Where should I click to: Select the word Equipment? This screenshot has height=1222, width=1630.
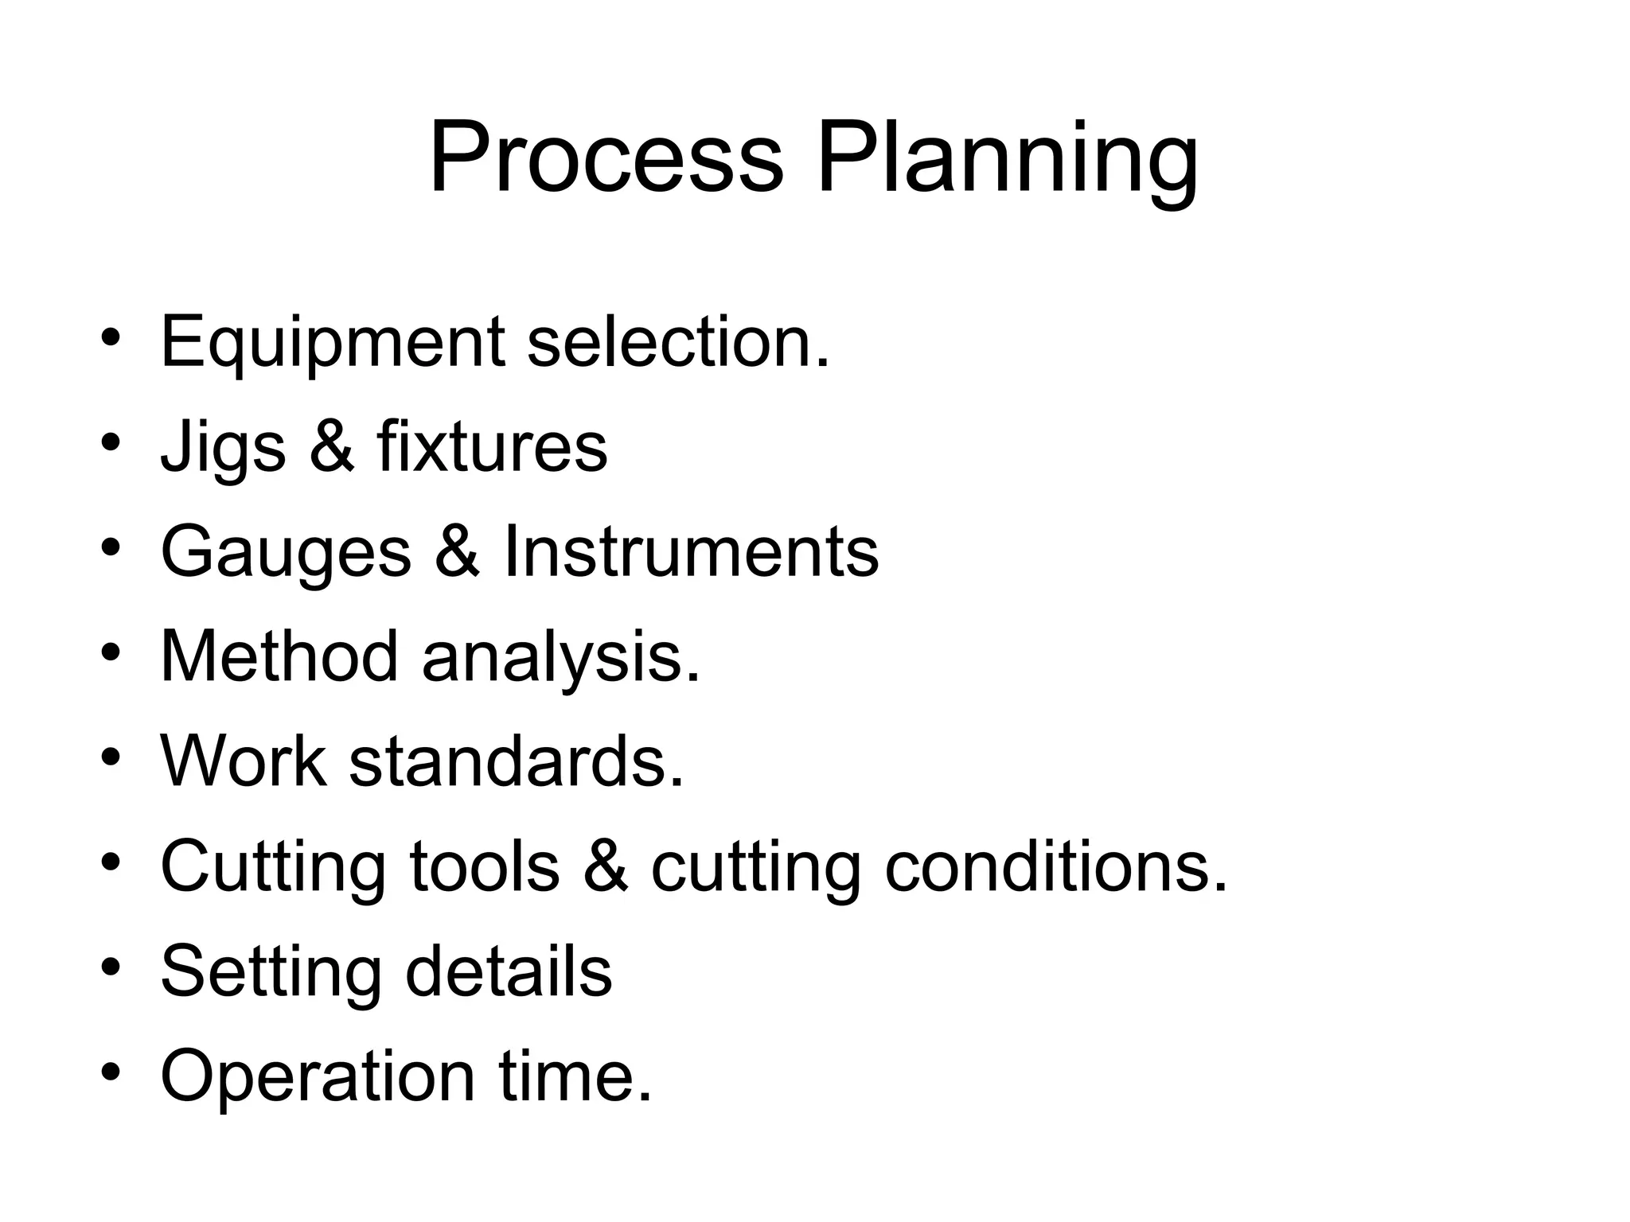332,343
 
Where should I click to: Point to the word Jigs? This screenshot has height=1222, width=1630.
223,449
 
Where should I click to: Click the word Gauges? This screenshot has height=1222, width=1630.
286,554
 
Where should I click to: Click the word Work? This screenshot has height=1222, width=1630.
244,761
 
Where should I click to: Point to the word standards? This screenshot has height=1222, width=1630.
517,761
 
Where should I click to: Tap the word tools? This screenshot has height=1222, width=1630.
485,866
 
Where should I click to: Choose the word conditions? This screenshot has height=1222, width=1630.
1056,866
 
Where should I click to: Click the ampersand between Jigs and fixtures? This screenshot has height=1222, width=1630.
331,447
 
